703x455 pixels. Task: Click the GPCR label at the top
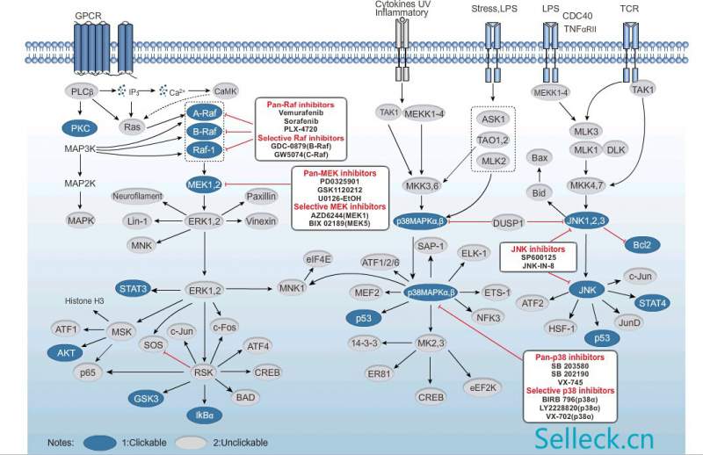[x=88, y=17]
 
